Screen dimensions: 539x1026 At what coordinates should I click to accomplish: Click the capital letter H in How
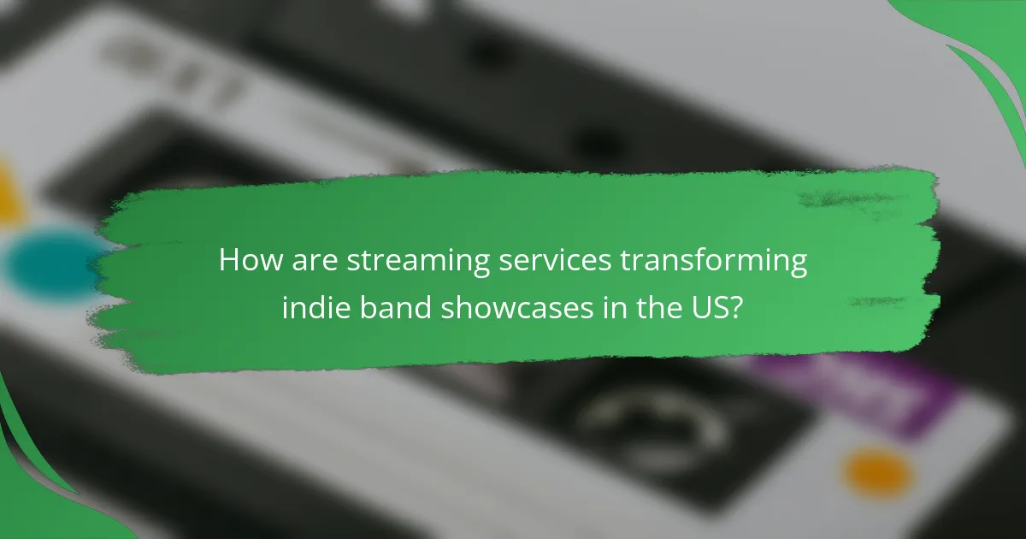229,260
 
